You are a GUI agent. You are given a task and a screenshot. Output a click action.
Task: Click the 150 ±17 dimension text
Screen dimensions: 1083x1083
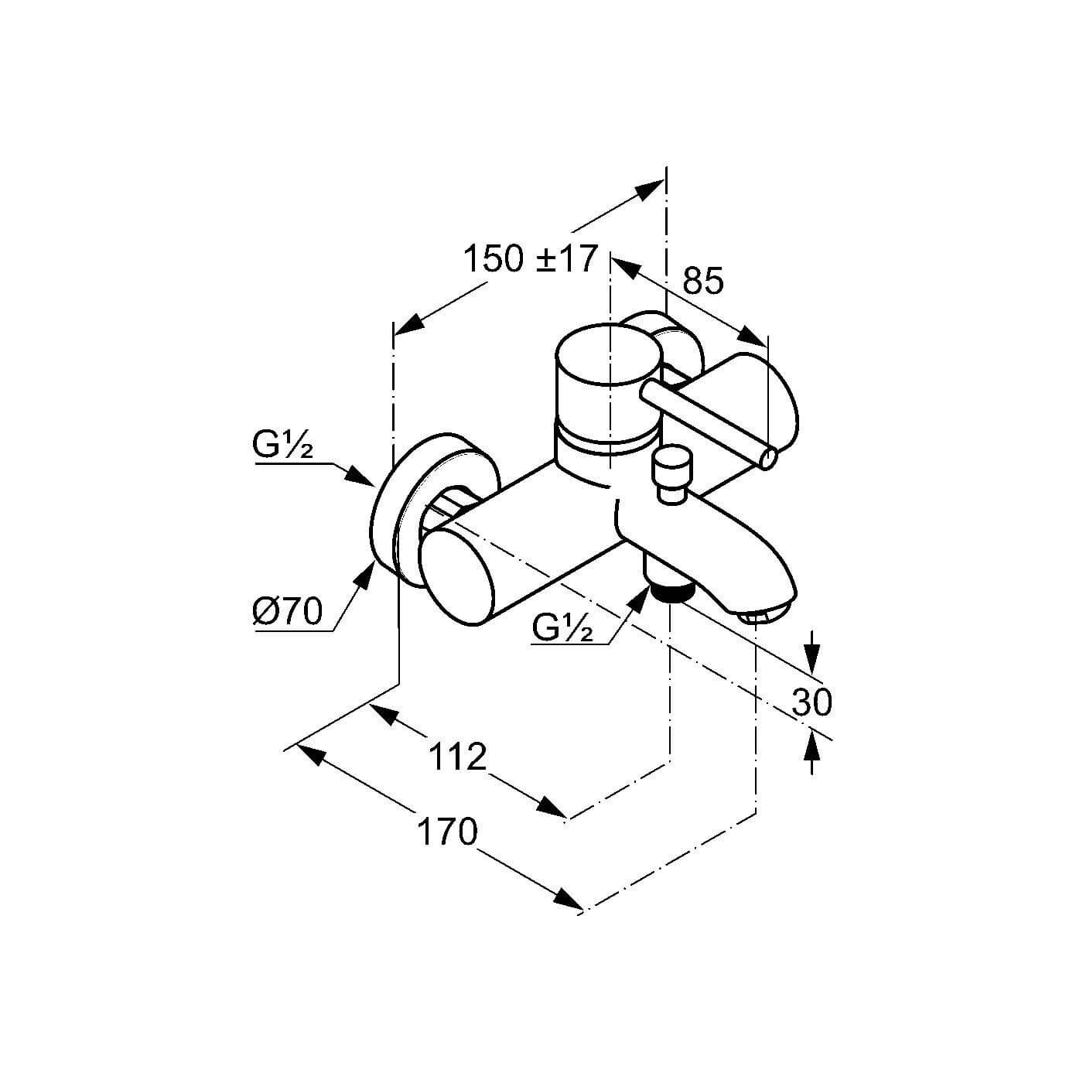[529, 259]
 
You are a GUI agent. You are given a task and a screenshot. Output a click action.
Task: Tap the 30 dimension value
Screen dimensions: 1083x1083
[811, 702]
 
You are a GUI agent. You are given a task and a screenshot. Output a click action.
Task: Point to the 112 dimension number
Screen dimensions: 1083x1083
[457, 757]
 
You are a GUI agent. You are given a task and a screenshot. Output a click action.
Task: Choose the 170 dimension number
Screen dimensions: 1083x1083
[447, 832]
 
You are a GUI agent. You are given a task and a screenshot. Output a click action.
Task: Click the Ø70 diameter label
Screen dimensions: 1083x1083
[287, 611]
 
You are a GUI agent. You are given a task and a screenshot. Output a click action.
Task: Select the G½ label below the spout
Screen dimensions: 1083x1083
[562, 628]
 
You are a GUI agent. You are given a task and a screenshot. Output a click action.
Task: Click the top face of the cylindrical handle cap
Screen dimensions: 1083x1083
[605, 354]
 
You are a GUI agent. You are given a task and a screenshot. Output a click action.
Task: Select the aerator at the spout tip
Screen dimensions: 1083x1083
[764, 616]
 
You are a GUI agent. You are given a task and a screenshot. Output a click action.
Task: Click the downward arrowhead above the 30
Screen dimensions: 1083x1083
[812, 658]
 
